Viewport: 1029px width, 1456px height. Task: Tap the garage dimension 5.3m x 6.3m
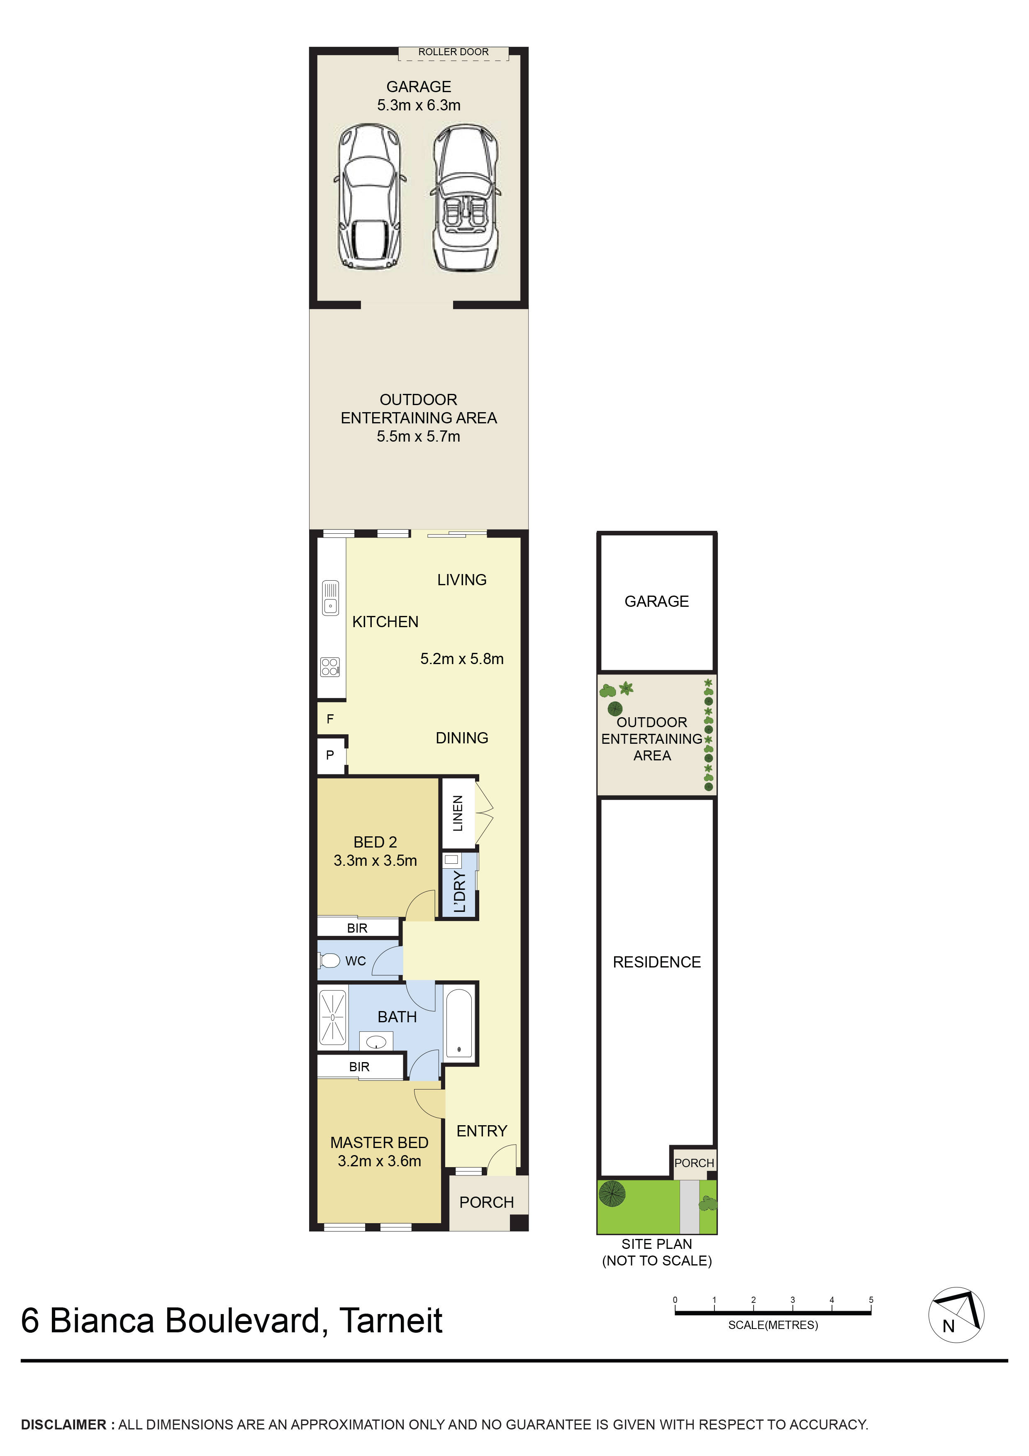419,105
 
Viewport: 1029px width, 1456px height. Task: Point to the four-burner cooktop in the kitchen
330,667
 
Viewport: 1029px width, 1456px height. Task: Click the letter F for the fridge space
330,719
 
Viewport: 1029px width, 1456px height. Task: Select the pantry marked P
330,755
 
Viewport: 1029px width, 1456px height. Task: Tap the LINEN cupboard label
458,813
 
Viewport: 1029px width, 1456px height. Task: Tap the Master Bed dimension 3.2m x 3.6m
379,1161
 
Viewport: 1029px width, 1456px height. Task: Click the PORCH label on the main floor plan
486,1202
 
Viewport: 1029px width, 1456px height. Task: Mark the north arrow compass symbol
956,1315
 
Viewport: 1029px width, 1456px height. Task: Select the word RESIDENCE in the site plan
656,962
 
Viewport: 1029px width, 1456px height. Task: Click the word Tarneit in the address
390,1321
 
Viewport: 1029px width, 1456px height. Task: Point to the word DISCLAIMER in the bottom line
63,1425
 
